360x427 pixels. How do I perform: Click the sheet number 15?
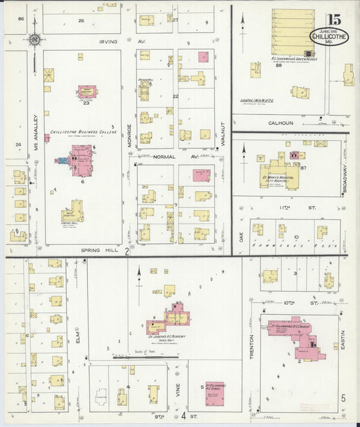click(333, 20)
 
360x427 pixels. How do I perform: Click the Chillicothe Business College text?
click(78, 132)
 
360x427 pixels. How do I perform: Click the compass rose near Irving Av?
click(34, 40)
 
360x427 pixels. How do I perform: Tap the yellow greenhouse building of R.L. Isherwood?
click(292, 31)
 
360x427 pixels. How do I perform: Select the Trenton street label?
click(252, 347)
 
